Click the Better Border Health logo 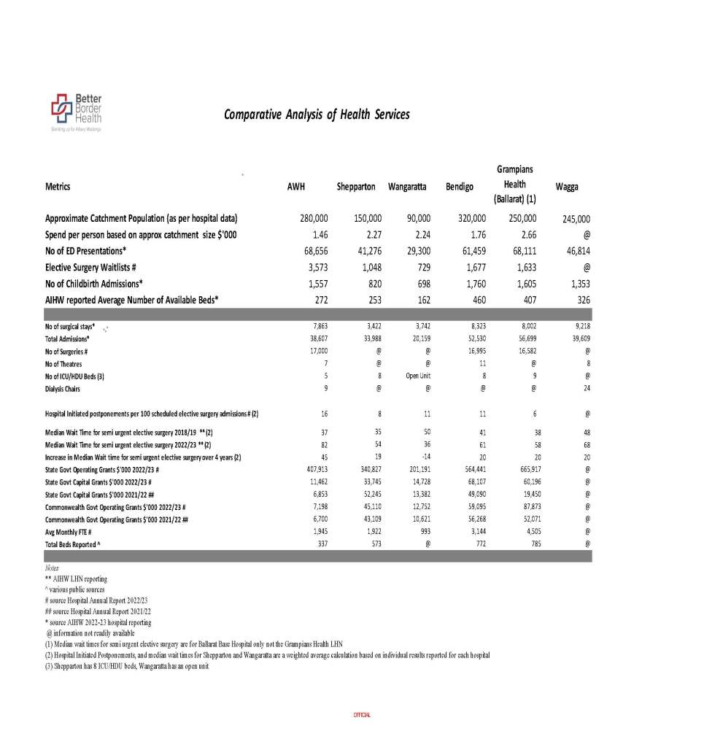(76, 111)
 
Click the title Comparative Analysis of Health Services (317, 115)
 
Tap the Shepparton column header (355, 187)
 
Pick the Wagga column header (566, 187)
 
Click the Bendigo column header (459, 187)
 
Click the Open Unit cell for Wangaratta (418, 376)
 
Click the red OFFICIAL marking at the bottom (361, 714)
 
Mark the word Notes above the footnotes (52, 567)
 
